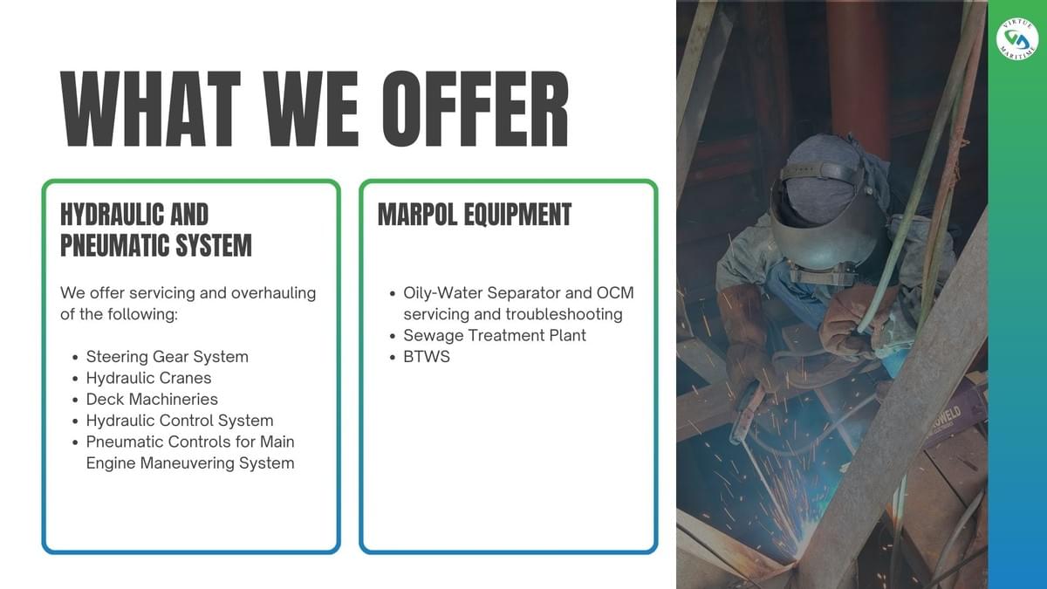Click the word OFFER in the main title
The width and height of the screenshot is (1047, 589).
tap(476, 109)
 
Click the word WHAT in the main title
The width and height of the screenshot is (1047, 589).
tap(150, 109)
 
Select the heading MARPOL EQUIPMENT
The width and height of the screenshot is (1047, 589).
tap(475, 215)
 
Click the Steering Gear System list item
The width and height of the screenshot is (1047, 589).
tap(168, 357)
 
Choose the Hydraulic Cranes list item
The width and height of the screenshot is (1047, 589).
tap(148, 378)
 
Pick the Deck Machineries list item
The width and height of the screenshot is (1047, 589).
tap(152, 400)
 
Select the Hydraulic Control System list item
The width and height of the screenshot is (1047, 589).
tap(180, 421)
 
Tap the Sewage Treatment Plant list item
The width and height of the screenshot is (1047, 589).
tap(495, 336)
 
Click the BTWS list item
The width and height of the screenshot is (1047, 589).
tap(427, 357)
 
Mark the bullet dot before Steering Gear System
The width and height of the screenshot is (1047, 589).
tap(75, 358)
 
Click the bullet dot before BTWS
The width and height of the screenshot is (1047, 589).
tap(393, 358)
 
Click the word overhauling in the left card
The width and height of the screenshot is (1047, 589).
tap(273, 293)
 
